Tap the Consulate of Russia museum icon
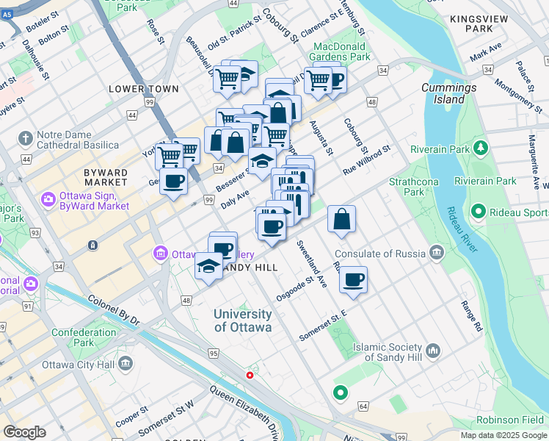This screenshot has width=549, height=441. click(x=437, y=254)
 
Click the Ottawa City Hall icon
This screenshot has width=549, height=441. click(x=126, y=364)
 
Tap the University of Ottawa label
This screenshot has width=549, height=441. click(x=243, y=320)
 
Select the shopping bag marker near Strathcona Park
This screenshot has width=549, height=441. click(x=342, y=219)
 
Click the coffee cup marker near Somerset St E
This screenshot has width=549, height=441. click(x=353, y=280)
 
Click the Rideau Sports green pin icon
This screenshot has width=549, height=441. click(x=478, y=213)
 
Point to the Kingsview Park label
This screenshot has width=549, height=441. click(x=481, y=21)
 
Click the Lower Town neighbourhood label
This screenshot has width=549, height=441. click(x=144, y=89)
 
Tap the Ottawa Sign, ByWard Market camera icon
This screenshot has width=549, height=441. click(x=48, y=199)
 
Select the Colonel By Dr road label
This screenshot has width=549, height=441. click(x=114, y=310)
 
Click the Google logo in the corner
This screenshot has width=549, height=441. click(x=24, y=432)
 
